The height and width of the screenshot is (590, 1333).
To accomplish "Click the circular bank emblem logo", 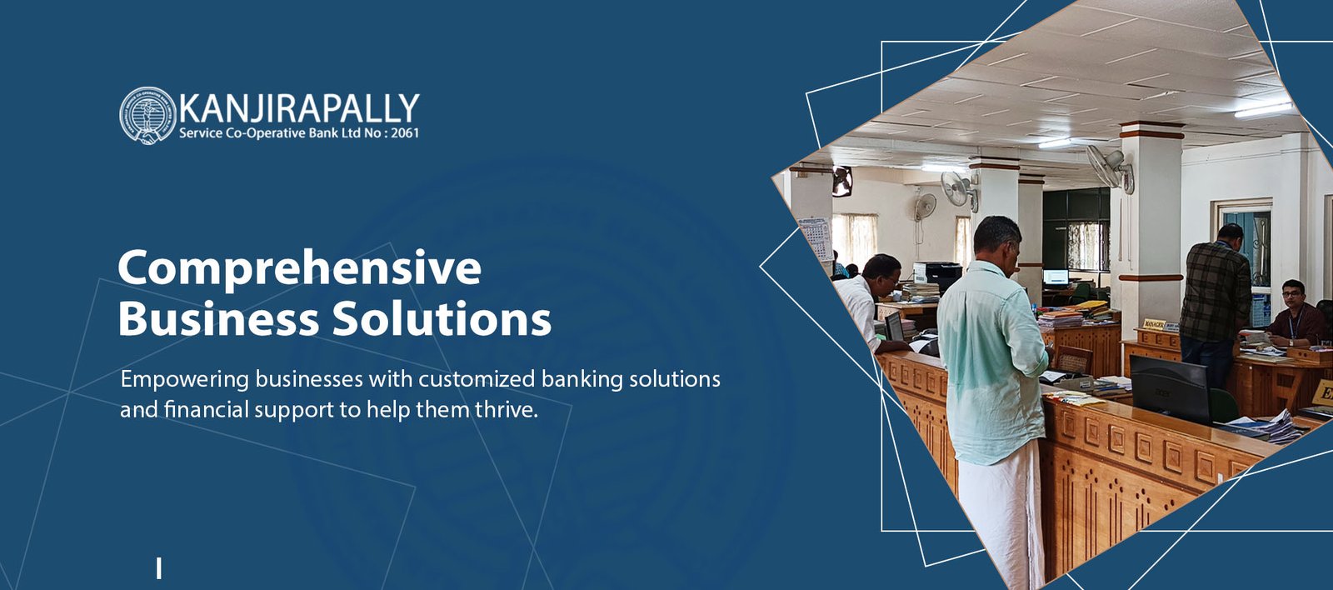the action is click(147, 116).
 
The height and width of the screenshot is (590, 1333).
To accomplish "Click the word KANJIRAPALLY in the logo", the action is click(299, 109).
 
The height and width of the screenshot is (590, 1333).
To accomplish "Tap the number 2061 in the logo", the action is click(405, 132).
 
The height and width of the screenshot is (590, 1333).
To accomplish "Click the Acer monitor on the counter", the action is click(1170, 387).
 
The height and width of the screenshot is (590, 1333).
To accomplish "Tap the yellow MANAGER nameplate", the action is click(1155, 324).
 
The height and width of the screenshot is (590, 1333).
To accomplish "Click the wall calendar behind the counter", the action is click(815, 238).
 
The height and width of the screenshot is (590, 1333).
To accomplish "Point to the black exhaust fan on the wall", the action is click(842, 181).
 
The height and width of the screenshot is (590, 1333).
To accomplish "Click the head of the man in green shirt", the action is click(997, 242).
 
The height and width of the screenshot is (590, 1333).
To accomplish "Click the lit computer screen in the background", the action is click(1056, 277).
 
